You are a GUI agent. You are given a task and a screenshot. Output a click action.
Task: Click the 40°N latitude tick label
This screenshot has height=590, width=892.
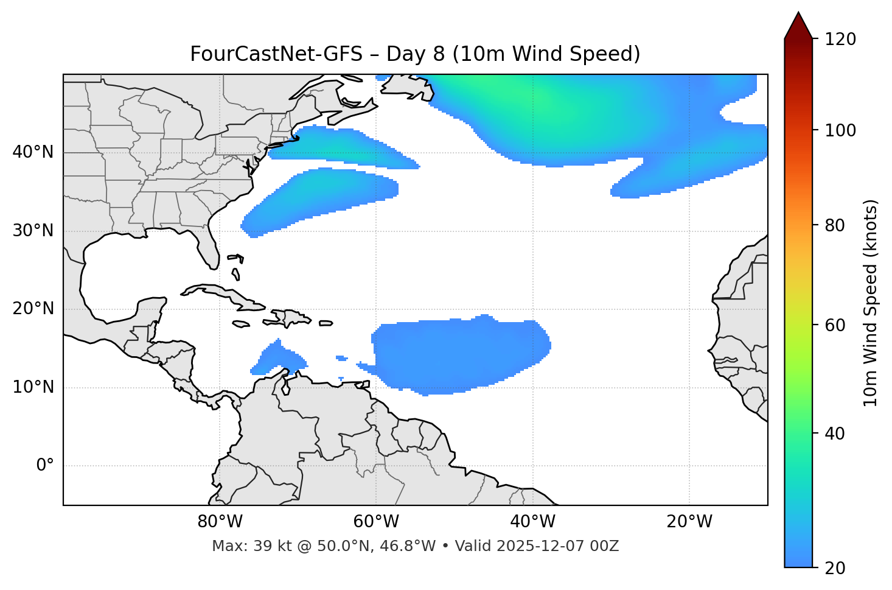click(33, 152)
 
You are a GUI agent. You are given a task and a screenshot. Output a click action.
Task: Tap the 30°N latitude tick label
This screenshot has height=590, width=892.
click(33, 231)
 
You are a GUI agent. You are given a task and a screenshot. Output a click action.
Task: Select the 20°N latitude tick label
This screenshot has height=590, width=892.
click(33, 309)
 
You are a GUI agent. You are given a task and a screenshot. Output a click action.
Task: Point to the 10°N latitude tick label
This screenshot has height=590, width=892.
click(33, 387)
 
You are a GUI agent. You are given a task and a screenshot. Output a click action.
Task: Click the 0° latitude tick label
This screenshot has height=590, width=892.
click(45, 466)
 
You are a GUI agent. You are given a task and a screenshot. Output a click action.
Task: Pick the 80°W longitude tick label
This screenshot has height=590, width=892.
click(220, 522)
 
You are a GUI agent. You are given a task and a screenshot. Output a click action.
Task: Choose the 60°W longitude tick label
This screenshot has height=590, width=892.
click(377, 522)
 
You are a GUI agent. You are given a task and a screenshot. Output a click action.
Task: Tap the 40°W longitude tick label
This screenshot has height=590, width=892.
click(533, 522)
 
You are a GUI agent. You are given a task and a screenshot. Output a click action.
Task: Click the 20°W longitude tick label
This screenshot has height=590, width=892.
click(689, 522)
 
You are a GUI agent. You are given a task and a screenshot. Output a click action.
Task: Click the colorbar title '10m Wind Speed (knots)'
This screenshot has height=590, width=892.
click(871, 303)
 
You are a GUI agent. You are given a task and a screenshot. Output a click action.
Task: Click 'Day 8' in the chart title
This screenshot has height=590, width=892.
click(415, 54)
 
